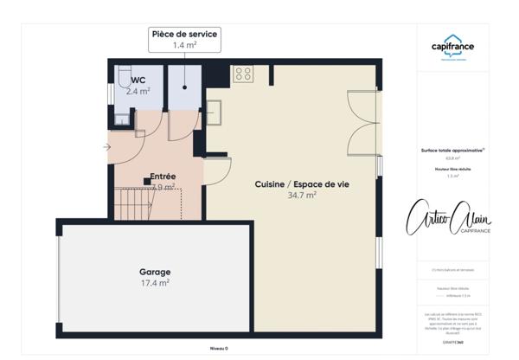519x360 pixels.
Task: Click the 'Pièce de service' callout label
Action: (184, 34)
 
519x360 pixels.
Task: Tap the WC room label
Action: (138, 80)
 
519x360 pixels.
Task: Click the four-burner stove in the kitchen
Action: (243, 73)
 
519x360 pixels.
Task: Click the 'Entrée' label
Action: (163, 177)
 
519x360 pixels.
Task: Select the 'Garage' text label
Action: (156, 271)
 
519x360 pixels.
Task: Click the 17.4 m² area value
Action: (156, 283)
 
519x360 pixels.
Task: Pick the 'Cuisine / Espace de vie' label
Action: (296, 184)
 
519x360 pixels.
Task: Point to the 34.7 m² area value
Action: (301, 196)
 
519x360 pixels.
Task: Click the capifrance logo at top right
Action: (452, 50)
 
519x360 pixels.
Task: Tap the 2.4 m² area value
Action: (138, 91)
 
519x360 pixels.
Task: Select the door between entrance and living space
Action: (216, 169)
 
